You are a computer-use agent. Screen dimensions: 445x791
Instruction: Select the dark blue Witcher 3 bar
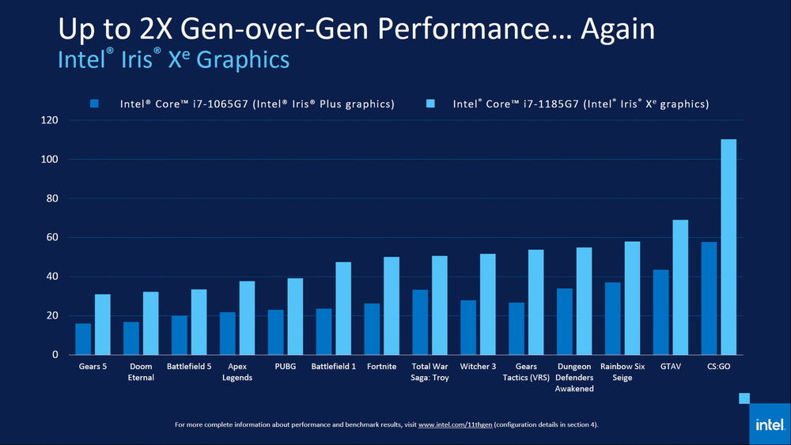(468, 327)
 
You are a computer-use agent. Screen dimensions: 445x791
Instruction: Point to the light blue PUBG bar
(295, 316)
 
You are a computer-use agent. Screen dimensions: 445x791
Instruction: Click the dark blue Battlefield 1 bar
(324, 331)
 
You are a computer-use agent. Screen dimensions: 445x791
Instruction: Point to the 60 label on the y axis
(52, 237)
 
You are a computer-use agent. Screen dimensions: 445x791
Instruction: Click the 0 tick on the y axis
(55, 355)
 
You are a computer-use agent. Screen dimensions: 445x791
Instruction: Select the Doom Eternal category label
(141, 371)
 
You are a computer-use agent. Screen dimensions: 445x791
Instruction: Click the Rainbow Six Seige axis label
(622, 371)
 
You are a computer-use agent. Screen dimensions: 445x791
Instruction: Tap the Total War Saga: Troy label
(430, 371)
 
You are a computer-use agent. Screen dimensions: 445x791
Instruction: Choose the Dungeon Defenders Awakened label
(573, 377)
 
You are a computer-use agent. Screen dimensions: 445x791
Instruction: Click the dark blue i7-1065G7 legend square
(95, 104)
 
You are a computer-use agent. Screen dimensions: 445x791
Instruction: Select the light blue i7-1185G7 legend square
(431, 104)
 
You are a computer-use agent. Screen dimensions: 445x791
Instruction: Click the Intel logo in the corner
(769, 424)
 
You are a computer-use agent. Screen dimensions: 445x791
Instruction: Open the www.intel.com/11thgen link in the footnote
(455, 424)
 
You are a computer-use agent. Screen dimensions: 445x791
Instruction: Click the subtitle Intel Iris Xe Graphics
(173, 60)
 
